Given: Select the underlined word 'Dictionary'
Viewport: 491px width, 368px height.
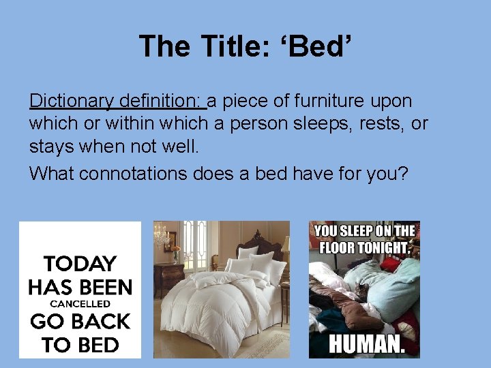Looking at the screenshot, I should click(72, 101).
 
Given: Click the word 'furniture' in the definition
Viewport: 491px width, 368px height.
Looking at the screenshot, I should click(325, 101).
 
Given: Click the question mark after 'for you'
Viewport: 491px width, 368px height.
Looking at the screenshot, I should click(403, 173).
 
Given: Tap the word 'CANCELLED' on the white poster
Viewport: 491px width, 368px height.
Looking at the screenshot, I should click(80, 304).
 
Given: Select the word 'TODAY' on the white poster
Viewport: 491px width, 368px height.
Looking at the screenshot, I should click(80, 264).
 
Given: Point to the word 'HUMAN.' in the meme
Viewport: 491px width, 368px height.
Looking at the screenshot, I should click(367, 343).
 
